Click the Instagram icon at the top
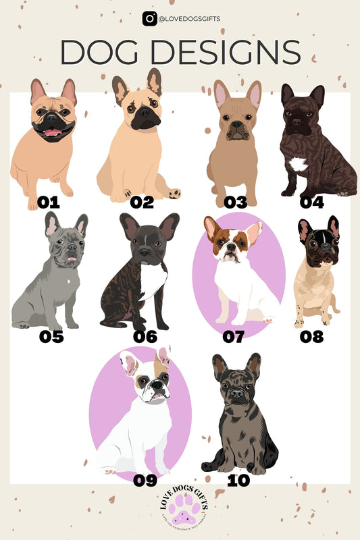(149, 19)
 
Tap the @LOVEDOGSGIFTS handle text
(190, 20)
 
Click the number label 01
(49, 202)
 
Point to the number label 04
(313, 202)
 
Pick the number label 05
(51, 335)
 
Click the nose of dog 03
(236, 126)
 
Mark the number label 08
(311, 335)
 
